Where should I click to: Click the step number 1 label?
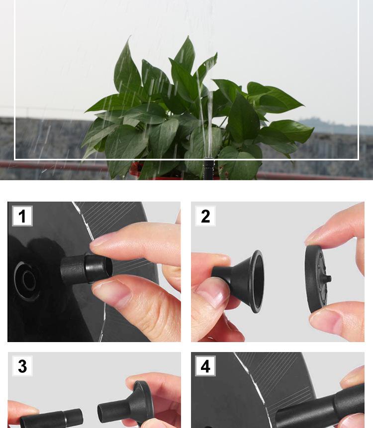pyautogui.click(x=22, y=216)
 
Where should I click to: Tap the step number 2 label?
pyautogui.click(x=205, y=216)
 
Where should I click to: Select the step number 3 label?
pyautogui.click(x=22, y=366)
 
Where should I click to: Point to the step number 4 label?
pyautogui.click(x=205, y=366)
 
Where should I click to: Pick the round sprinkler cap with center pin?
pyautogui.click(x=317, y=279)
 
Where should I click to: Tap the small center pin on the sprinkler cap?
pyautogui.click(x=328, y=279)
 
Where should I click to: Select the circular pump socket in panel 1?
pyautogui.click(x=26, y=281)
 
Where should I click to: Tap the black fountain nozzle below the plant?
pyautogui.click(x=209, y=169)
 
